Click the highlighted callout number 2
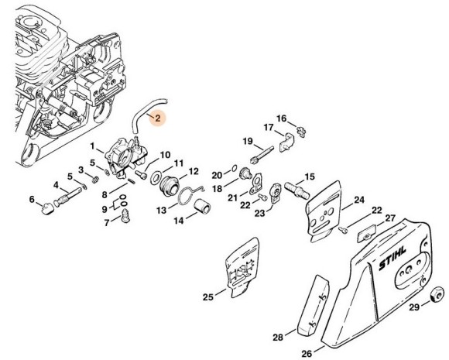(158, 118)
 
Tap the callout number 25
(207, 296)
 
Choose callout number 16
(282, 118)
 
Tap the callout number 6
(33, 200)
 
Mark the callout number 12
(194, 171)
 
